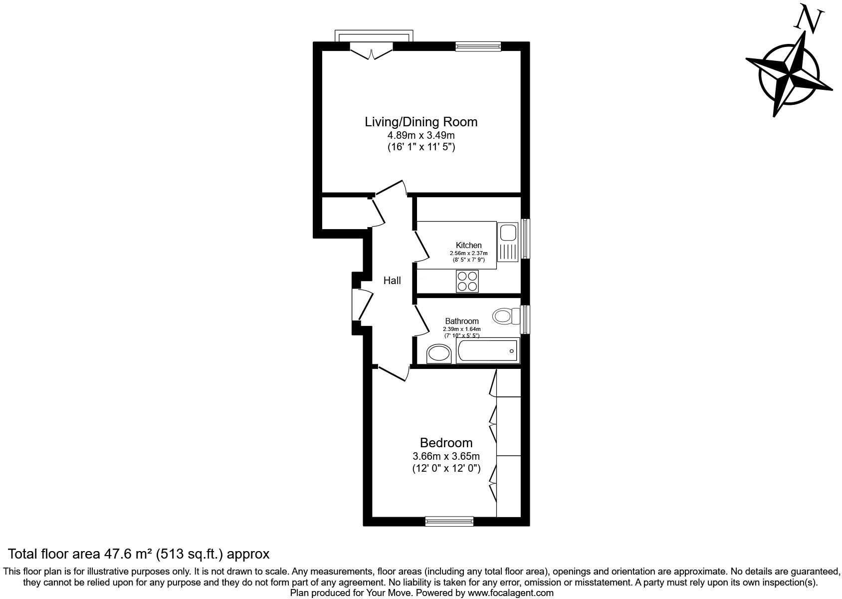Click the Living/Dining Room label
tap(421, 122)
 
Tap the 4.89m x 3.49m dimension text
tap(421, 135)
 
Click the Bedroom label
tap(446, 443)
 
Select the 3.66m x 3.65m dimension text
tap(446, 456)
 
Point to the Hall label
tap(392, 281)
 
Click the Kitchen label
tap(468, 245)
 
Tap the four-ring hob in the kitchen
tap(467, 281)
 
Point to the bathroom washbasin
tap(439, 354)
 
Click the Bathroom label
tap(461, 321)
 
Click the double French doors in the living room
tap(372, 52)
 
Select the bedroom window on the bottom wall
tap(449, 521)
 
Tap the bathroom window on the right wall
tap(525, 319)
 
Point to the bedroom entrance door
tap(393, 373)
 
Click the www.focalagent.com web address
tap(510, 593)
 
